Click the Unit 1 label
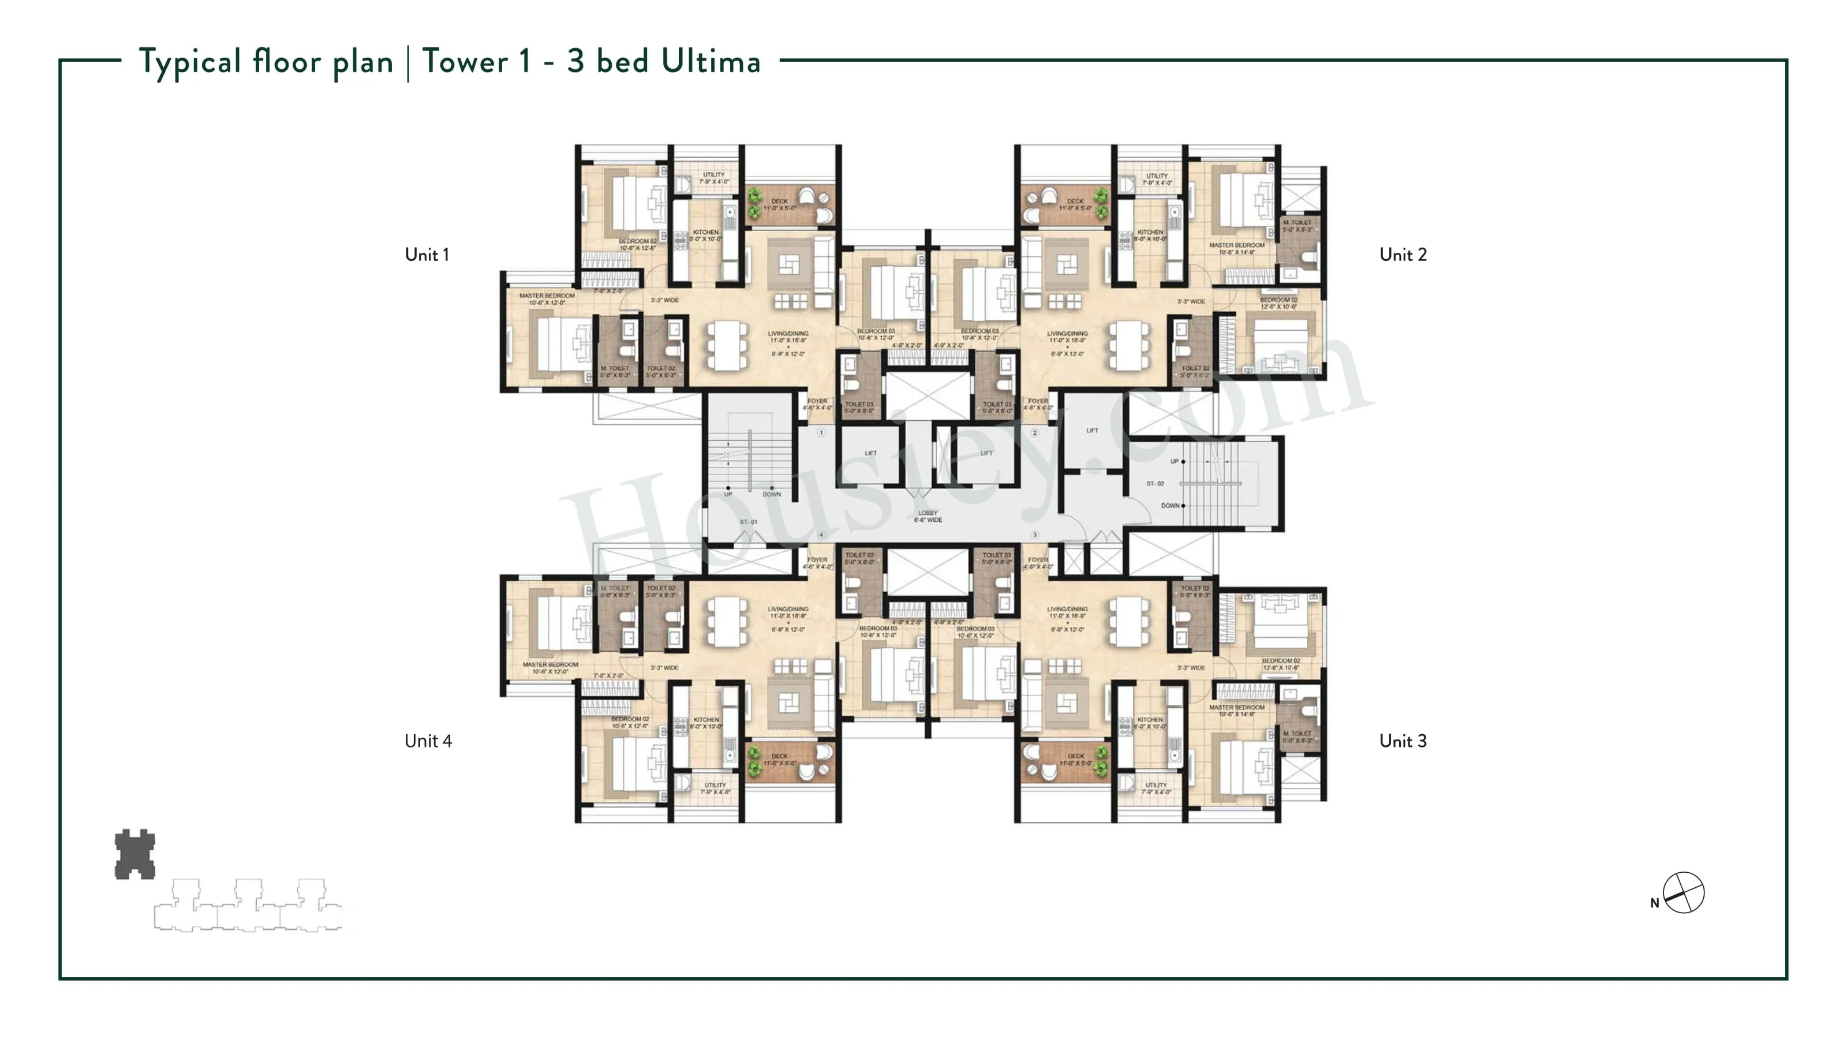point(427,255)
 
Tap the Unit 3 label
point(1403,741)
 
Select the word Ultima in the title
point(711,62)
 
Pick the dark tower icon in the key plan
point(135,854)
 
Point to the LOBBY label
point(927,513)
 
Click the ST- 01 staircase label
point(749,522)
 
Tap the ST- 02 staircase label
point(1155,483)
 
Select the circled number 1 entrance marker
point(821,432)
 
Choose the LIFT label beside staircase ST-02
point(1092,430)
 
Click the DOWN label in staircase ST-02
point(1170,506)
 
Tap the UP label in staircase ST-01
point(728,494)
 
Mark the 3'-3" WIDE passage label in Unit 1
point(665,300)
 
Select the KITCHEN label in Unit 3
point(1150,719)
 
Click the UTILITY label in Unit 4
point(715,784)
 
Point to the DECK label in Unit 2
point(1075,201)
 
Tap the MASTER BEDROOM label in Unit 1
point(547,296)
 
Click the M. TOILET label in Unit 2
point(1298,222)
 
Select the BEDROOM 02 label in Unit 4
point(630,719)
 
